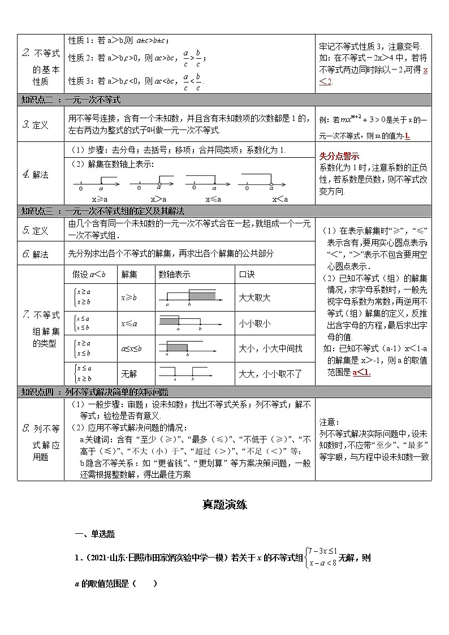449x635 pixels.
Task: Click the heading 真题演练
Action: (x=225, y=505)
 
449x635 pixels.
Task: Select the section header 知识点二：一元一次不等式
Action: (x=71, y=100)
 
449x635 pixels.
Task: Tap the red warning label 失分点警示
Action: (x=339, y=156)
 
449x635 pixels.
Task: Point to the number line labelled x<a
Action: (x=262, y=184)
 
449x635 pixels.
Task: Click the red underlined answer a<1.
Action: (x=361, y=372)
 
